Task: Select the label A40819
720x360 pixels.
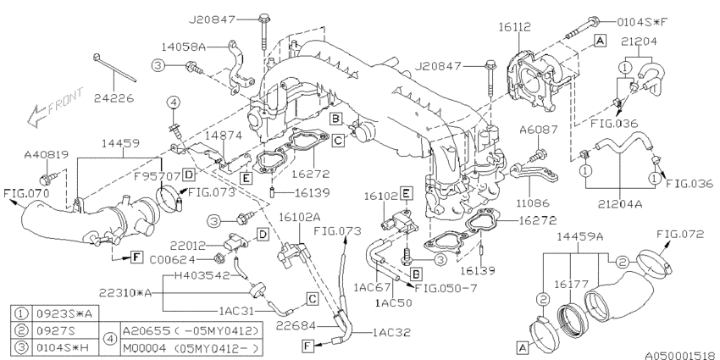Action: (47, 155)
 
